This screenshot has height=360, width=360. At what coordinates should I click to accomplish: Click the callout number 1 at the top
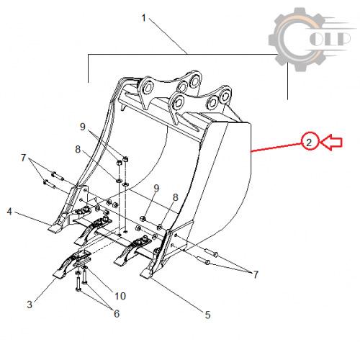pyautogui.click(x=143, y=18)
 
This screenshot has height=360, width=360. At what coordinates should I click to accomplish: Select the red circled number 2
pyautogui.click(x=309, y=143)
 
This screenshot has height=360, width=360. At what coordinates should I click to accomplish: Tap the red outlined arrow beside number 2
pyautogui.click(x=331, y=143)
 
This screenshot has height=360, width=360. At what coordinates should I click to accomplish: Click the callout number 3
pyautogui.click(x=30, y=305)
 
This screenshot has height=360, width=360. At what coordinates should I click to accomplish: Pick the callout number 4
pyautogui.click(x=9, y=212)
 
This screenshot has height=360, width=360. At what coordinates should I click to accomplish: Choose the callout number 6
pyautogui.click(x=117, y=313)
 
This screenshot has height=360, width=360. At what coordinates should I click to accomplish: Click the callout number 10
pyautogui.click(x=120, y=296)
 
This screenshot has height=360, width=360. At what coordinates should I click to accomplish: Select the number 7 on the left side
pyautogui.click(x=23, y=158)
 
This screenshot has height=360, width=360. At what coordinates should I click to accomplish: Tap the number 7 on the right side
pyautogui.click(x=256, y=274)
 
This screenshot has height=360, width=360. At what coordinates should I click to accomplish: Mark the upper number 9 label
pyautogui.click(x=83, y=127)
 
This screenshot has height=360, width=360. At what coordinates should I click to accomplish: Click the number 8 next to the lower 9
pyautogui.click(x=176, y=197)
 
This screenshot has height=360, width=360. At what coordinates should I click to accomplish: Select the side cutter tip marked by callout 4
pyautogui.click(x=55, y=228)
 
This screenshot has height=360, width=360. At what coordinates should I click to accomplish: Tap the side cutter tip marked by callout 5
pyautogui.click(x=146, y=274)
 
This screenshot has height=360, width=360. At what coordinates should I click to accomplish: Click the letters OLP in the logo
pyautogui.click(x=330, y=39)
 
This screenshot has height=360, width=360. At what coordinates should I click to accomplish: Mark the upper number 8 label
pyautogui.click(x=78, y=149)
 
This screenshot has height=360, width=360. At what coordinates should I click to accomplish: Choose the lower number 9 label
pyautogui.click(x=156, y=188)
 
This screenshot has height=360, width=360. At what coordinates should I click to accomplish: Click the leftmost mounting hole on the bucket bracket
pyautogui.click(x=147, y=86)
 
